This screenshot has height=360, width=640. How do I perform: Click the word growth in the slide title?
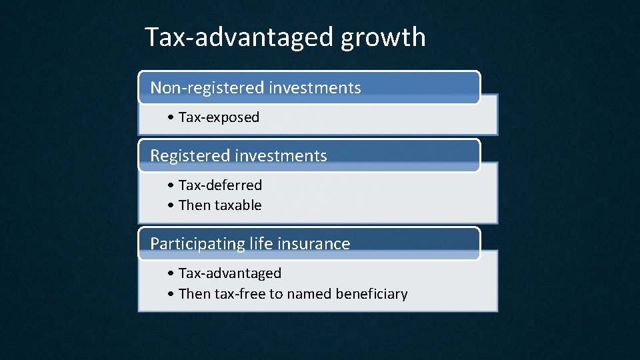383,37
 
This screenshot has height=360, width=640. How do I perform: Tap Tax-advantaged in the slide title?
240,37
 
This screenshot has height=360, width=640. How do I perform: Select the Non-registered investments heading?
255,88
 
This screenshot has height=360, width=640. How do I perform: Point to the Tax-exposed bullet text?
219,117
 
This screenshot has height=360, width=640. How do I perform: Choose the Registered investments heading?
239,156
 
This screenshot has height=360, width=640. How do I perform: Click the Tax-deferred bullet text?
220,185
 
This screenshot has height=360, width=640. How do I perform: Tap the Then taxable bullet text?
220,205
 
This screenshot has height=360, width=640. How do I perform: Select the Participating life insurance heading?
250,244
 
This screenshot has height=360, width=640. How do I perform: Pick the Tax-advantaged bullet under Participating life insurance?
230,273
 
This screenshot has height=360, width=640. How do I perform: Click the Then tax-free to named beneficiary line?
293,294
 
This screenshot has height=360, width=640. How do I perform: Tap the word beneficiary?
372,294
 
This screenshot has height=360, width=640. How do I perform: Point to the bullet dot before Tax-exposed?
172,118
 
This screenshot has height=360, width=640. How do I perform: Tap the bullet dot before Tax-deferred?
172,186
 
